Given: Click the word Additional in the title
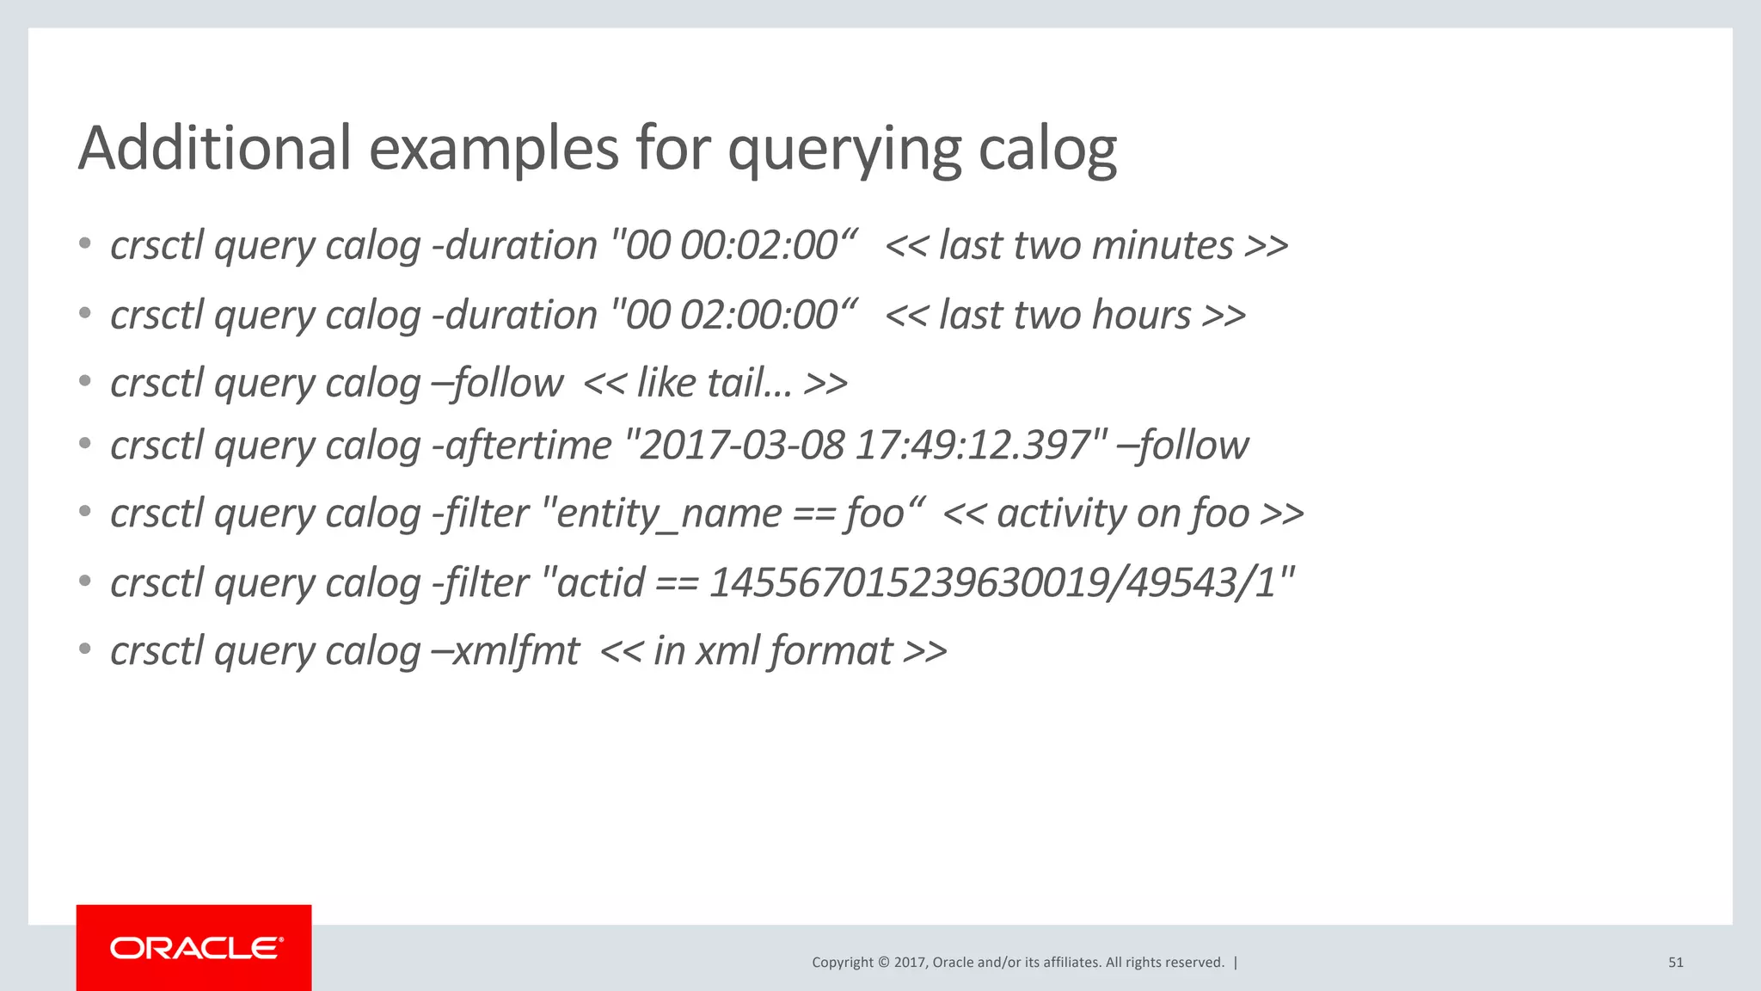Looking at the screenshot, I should point(214,148).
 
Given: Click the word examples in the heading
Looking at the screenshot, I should point(494,148).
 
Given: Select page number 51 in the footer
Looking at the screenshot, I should point(1675,963).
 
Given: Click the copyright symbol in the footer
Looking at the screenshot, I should point(882,963).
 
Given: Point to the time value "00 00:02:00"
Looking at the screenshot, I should point(731,246).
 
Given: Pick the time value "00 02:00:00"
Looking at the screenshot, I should point(731,316).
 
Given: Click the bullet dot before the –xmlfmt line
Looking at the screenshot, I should point(84,649).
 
